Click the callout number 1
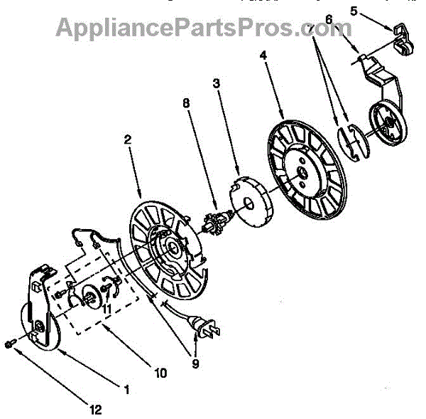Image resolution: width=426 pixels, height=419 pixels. coord(126,391)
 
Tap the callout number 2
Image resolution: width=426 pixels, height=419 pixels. coord(129,141)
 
